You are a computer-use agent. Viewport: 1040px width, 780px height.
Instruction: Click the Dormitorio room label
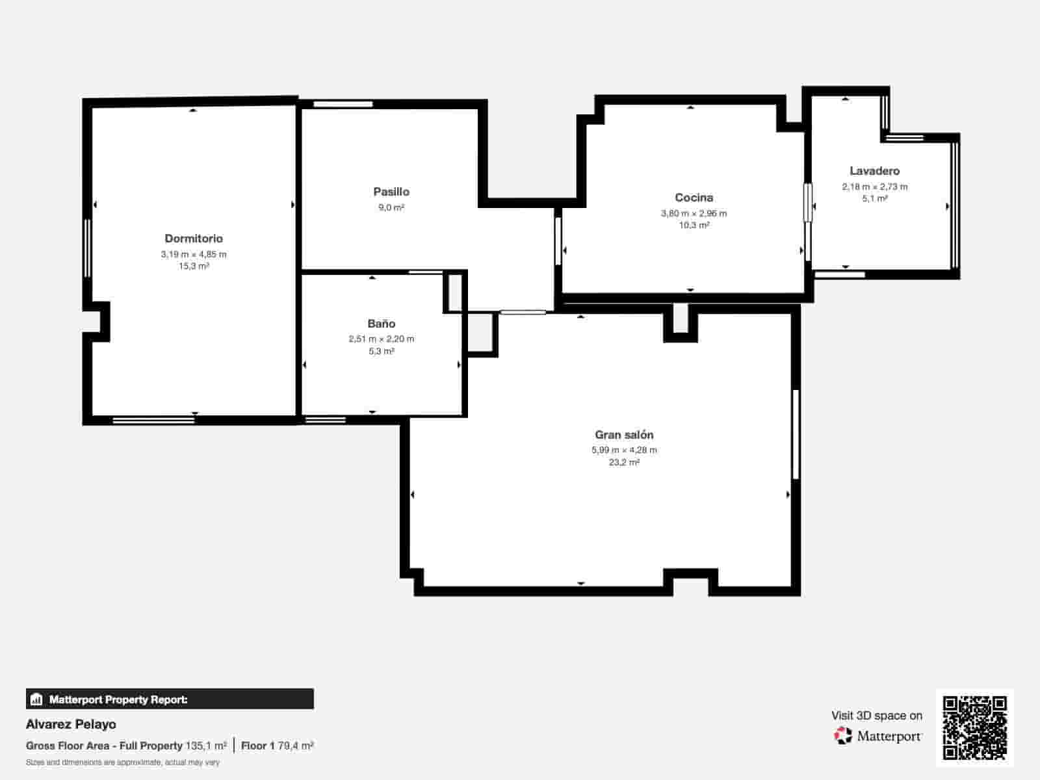194,239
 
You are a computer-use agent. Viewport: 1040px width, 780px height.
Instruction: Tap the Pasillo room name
391,192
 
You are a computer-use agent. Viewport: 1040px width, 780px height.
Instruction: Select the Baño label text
382,324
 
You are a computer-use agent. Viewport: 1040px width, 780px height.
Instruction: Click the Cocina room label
694,198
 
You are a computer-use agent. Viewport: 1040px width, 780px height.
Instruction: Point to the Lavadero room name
874,171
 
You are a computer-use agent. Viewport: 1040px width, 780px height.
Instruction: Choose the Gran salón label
624,435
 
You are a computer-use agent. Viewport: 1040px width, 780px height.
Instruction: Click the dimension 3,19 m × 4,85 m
194,254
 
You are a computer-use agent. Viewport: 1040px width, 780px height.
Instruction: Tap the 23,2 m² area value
624,462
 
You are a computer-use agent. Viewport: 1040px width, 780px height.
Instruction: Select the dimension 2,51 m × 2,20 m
382,339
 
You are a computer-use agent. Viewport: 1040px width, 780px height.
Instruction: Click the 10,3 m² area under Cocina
694,225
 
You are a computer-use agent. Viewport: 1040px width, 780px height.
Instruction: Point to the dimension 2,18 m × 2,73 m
874,187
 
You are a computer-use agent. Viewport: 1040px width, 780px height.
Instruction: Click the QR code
974,728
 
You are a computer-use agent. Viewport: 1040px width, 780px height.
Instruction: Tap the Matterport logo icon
843,736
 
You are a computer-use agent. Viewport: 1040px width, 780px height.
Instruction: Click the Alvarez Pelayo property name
71,724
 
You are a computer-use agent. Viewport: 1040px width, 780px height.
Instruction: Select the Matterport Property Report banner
170,699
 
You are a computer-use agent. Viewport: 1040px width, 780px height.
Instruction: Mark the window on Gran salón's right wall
796,434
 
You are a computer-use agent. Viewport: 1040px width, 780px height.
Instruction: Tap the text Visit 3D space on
876,716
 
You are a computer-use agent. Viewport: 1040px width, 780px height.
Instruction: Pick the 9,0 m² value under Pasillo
391,207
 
